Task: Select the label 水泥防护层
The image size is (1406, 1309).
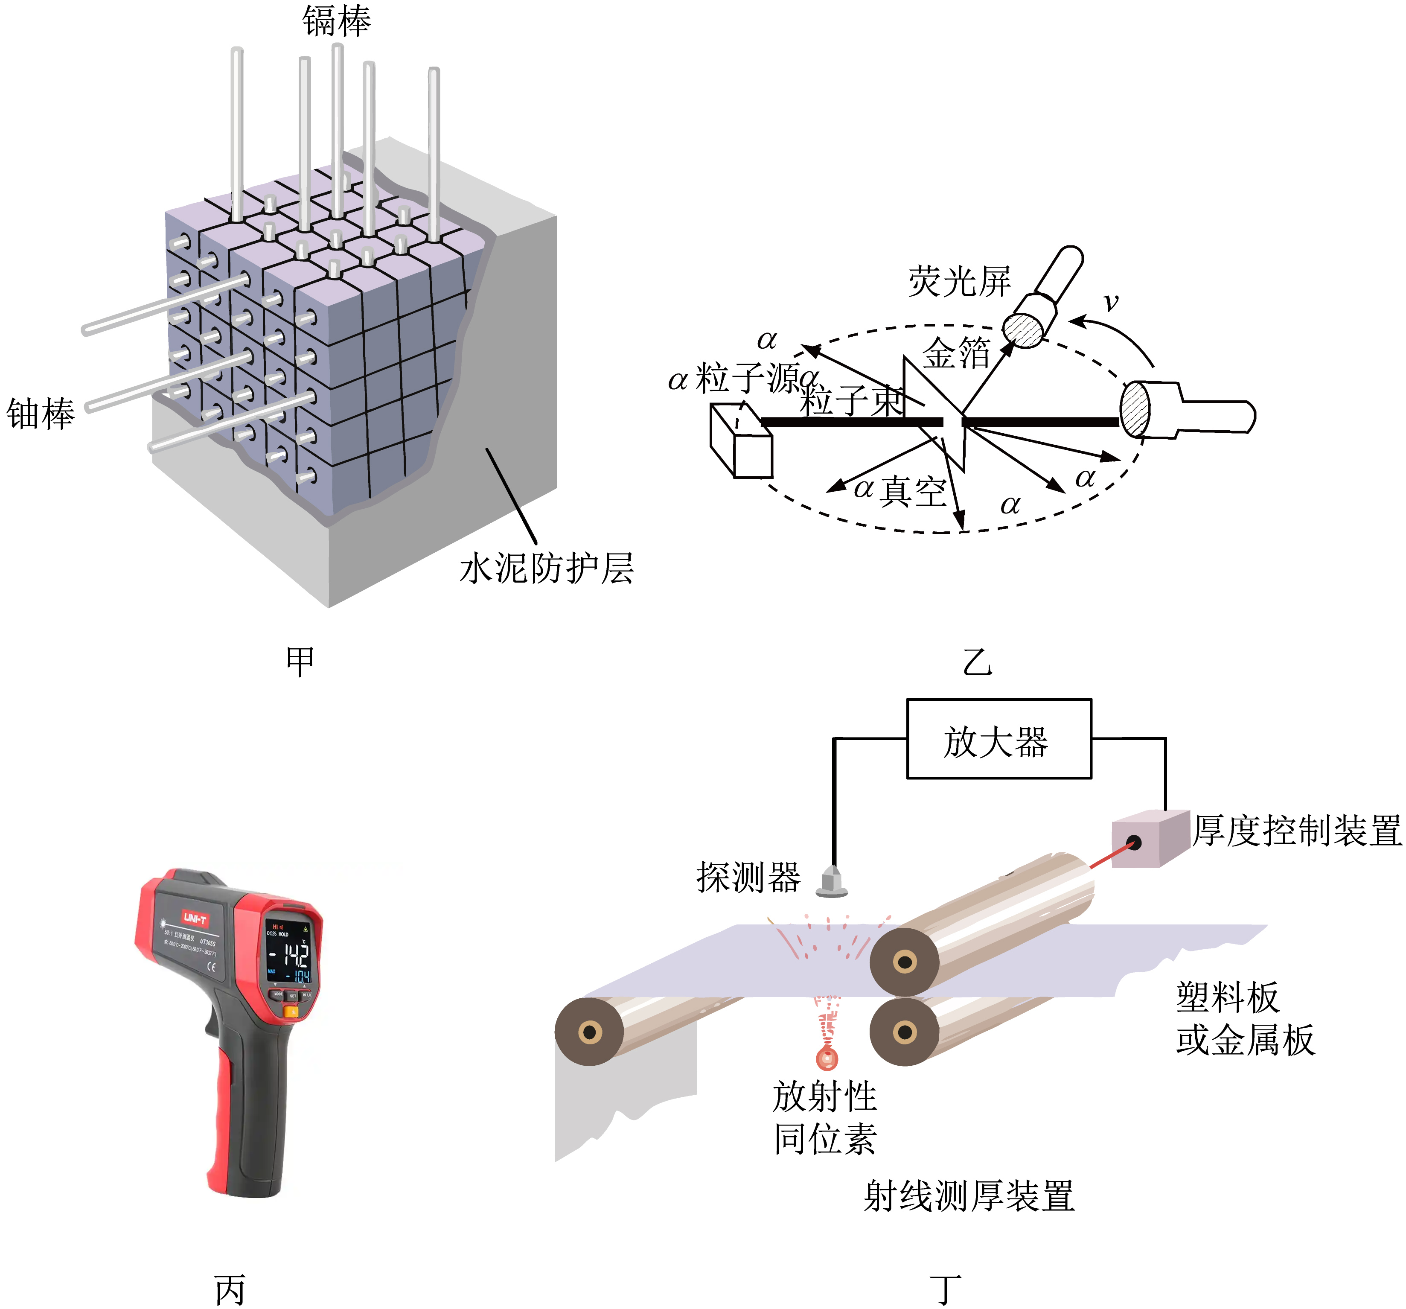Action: (x=546, y=568)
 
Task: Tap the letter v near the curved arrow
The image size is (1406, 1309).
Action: (x=1111, y=302)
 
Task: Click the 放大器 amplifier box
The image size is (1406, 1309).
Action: (x=998, y=739)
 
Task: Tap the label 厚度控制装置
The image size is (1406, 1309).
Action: (x=1297, y=831)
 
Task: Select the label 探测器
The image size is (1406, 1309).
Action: (x=748, y=878)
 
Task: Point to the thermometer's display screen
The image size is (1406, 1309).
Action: (x=291, y=952)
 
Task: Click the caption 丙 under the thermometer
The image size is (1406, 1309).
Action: (x=230, y=1290)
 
